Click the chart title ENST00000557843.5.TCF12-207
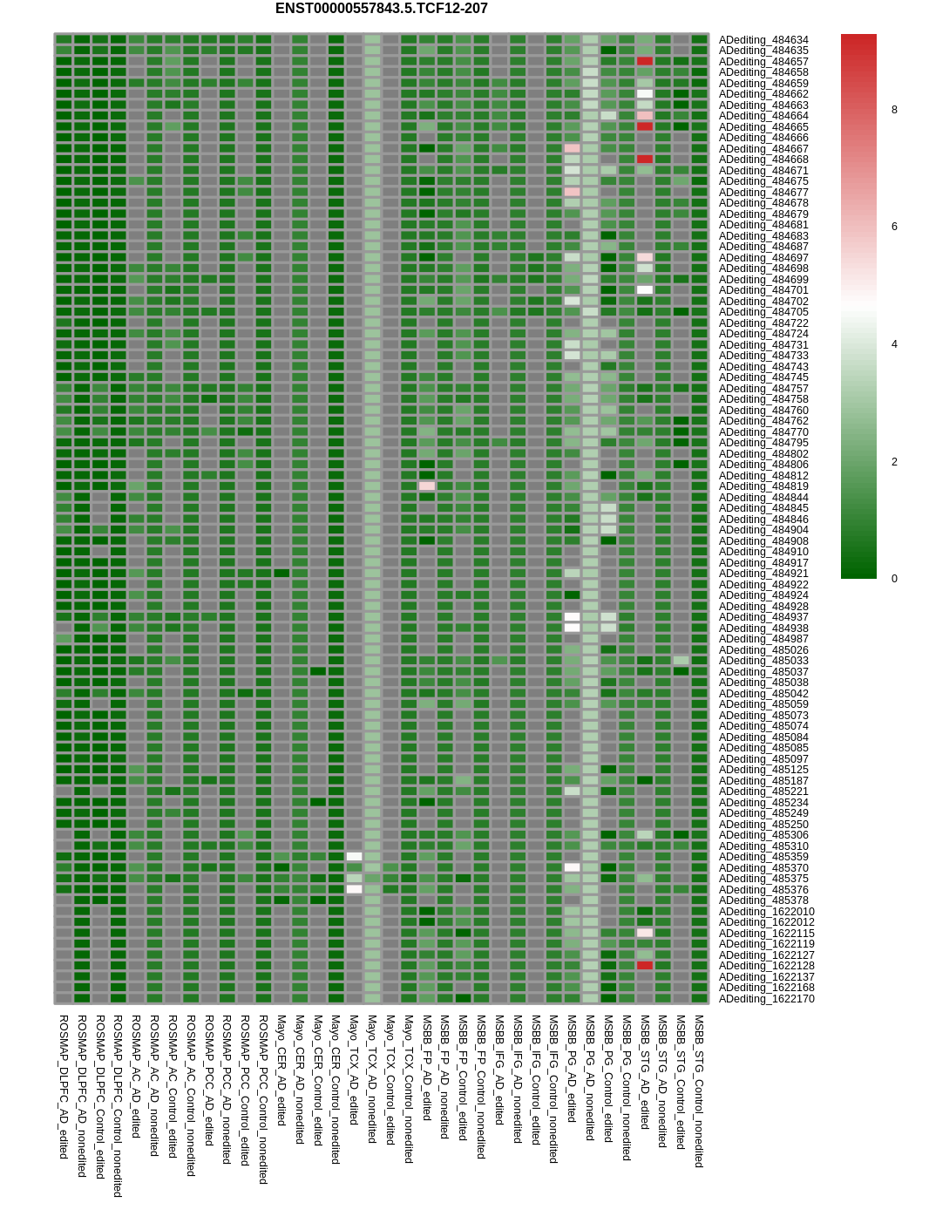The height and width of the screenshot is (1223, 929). (x=381, y=9)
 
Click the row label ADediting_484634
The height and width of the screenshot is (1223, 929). (x=763, y=40)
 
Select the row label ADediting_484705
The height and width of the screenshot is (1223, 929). (x=763, y=312)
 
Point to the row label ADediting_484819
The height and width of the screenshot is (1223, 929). (x=763, y=486)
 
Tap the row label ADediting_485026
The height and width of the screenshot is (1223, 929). (x=763, y=650)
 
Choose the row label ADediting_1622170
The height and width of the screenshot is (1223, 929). (x=766, y=999)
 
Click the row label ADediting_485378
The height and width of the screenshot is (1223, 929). (x=763, y=900)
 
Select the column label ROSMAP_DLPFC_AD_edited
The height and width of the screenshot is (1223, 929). (x=64, y=1086)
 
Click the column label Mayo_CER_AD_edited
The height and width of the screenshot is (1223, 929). (x=281, y=1070)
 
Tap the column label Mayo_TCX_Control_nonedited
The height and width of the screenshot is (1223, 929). (x=409, y=1089)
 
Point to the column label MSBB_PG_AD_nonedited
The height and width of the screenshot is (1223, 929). (x=590, y=1077)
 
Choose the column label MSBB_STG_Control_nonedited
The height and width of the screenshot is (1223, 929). (x=699, y=1091)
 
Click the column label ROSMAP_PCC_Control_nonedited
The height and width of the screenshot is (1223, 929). (x=263, y=1098)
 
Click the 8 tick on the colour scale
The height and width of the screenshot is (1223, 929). (x=894, y=110)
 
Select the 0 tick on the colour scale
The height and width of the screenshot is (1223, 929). (x=894, y=579)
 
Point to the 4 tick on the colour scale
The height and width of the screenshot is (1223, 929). (x=894, y=344)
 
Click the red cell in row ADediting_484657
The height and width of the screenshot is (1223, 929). (x=645, y=61)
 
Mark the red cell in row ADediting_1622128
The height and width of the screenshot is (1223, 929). (x=645, y=966)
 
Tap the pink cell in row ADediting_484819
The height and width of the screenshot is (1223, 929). (x=427, y=486)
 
